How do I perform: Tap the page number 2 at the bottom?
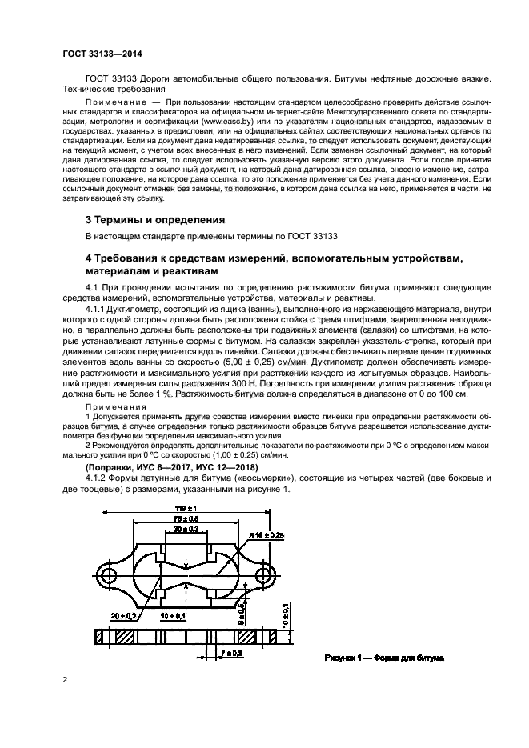pos(65,680)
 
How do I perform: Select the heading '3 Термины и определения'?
pos(154,219)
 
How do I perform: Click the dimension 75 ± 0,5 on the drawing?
pos(188,518)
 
